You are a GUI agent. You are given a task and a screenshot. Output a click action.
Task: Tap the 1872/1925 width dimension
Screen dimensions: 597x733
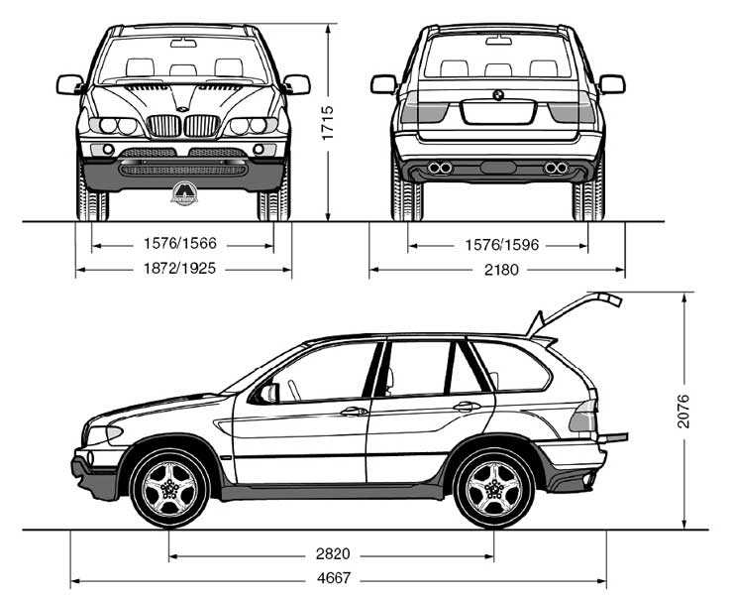click(x=182, y=269)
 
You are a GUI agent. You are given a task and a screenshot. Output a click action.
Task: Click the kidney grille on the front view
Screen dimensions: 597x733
click(x=183, y=126)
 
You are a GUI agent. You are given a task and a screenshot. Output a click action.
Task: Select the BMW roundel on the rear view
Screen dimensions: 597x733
click(x=498, y=95)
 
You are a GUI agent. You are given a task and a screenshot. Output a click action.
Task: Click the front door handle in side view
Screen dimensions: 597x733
click(x=354, y=411)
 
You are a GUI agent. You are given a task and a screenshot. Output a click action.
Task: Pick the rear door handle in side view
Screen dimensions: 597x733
click(x=467, y=406)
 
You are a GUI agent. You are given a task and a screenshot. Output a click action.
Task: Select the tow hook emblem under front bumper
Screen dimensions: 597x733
click(x=183, y=194)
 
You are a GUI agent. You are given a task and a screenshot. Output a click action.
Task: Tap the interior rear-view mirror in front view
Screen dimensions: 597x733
click(x=183, y=44)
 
